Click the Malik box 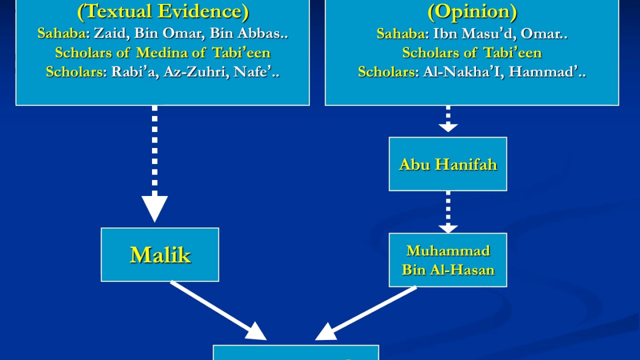(160, 255)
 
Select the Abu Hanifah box (448, 164)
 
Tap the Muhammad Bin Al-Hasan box (448, 260)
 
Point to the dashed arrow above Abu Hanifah (448, 119)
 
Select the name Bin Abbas (245, 33)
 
